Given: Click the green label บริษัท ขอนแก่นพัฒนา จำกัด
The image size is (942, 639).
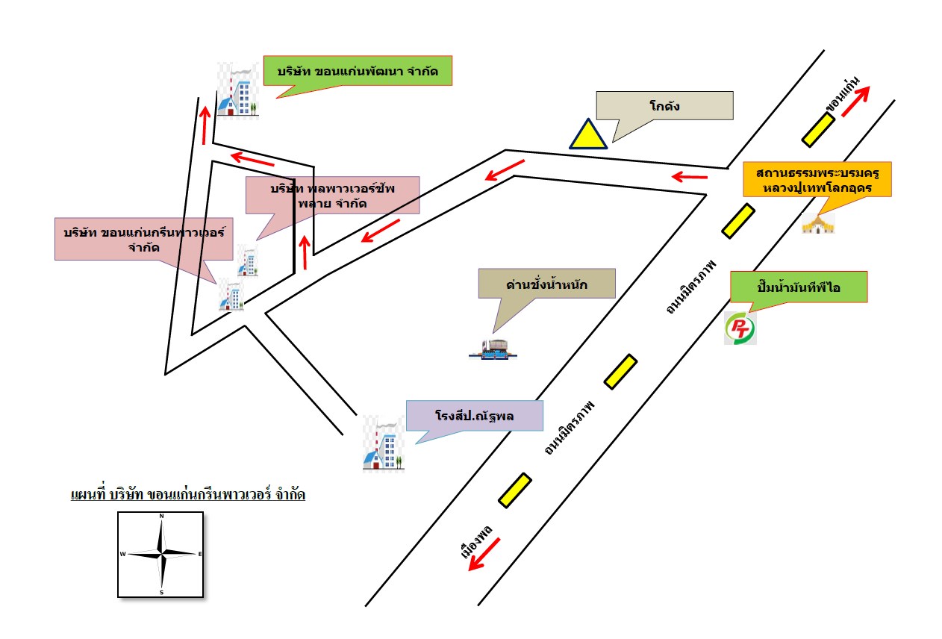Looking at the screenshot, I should click(x=358, y=72).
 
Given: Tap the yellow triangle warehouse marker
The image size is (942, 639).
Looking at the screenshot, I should click(x=587, y=134).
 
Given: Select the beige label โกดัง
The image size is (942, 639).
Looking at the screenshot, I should click(x=664, y=106).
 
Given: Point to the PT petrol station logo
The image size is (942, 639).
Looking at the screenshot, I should click(x=740, y=328).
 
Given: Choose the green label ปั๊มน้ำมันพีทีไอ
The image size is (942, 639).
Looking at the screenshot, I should click(x=798, y=287).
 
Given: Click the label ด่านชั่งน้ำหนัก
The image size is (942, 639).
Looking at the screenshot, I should click(x=548, y=284).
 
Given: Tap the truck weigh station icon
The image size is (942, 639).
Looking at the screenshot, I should click(x=493, y=348).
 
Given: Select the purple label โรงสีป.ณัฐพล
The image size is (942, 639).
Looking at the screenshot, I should click(x=475, y=416).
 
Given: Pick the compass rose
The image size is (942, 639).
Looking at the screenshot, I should click(x=160, y=554).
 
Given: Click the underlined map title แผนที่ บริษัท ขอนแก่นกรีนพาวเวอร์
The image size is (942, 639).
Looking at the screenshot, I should click(x=187, y=495).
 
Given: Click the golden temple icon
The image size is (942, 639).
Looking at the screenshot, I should click(x=817, y=223).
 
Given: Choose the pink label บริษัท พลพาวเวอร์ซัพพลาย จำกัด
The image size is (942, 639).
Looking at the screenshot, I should click(x=332, y=195).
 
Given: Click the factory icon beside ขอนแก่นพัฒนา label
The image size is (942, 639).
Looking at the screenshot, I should click(x=237, y=90).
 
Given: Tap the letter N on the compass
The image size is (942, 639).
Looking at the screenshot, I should click(x=161, y=516).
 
